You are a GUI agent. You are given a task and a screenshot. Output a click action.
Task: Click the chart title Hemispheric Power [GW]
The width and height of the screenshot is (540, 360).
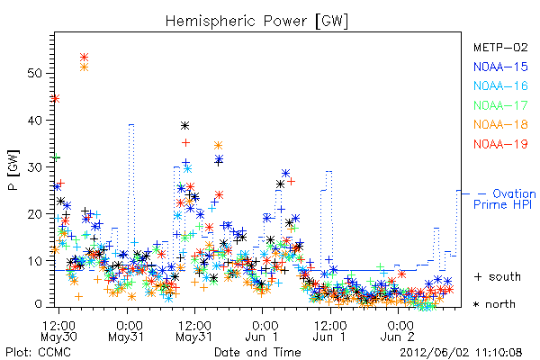point(256,22)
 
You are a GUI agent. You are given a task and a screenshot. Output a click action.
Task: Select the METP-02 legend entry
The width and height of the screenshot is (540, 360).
point(500,47)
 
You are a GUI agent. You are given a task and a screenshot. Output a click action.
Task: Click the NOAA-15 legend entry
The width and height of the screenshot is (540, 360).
point(500,67)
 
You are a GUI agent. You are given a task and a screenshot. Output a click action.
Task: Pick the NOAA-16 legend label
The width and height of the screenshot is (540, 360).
point(500,85)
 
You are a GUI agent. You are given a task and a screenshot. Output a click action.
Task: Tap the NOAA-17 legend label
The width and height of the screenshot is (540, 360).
point(500,105)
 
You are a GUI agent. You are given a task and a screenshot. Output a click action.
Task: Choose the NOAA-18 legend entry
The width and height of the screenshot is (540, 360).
point(500,124)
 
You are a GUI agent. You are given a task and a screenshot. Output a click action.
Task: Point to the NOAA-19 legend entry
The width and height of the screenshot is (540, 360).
point(500,144)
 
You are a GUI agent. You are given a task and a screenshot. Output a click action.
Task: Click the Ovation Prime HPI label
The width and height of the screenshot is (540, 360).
point(505,199)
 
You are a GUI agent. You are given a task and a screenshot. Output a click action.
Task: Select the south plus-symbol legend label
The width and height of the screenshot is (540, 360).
point(497,276)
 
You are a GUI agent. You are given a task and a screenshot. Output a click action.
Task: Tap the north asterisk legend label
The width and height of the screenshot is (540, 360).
point(494,304)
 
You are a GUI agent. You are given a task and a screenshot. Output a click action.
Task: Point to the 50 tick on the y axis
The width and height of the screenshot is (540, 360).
point(34,74)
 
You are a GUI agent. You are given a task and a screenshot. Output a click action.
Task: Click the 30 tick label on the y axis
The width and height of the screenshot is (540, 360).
point(34,167)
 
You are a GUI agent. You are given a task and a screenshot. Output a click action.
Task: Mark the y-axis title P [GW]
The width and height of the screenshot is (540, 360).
point(13,170)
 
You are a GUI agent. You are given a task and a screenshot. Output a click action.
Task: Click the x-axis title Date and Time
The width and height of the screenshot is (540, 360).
point(257,352)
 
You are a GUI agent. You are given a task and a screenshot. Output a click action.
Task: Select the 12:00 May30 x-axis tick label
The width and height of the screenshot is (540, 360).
point(58,331)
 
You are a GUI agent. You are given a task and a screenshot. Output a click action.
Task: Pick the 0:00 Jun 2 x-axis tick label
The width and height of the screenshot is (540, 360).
point(399,331)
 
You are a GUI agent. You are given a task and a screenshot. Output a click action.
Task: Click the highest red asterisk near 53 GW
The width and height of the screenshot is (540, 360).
point(84,57)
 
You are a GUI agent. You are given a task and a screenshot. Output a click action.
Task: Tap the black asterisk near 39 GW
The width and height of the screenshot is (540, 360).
point(184,125)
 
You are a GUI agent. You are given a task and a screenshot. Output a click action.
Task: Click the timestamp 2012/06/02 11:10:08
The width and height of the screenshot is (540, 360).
point(461,353)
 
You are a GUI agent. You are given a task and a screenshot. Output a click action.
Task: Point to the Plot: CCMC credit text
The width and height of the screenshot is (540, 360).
point(38,353)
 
